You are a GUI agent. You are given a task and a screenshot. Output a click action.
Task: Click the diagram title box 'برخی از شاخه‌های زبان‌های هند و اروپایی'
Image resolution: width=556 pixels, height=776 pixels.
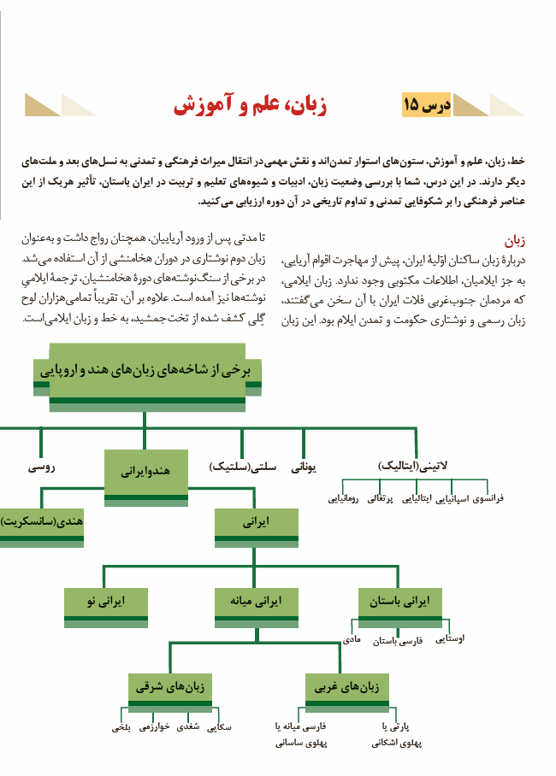click(x=147, y=370)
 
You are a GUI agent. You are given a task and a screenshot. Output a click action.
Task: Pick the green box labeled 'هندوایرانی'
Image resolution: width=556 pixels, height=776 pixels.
click(x=146, y=471)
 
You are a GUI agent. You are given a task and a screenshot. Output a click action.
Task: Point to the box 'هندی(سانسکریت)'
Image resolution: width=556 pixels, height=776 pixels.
click(x=41, y=520)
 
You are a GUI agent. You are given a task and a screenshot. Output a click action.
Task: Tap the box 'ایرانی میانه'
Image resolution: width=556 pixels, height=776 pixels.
click(x=257, y=602)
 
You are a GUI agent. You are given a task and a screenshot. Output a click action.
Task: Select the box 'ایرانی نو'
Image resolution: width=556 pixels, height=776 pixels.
click(x=106, y=602)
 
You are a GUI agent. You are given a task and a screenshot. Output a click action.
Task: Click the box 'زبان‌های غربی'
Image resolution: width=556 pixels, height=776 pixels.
click(x=348, y=686)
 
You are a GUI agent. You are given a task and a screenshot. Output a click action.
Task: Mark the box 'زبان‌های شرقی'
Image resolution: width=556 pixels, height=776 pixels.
click(x=170, y=686)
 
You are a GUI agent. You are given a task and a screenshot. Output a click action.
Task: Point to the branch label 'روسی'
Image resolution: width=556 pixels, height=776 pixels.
click(x=41, y=467)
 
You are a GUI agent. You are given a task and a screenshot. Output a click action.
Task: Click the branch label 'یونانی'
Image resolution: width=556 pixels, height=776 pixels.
click(x=305, y=467)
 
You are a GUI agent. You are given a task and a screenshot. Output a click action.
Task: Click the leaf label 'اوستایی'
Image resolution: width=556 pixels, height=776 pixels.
click(x=450, y=637)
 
